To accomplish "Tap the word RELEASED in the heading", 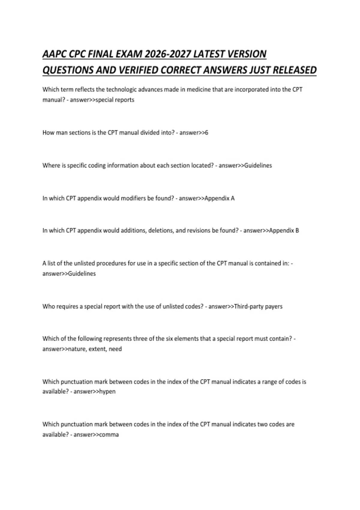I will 295,70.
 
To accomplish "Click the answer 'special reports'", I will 115,100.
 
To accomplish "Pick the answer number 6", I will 206,133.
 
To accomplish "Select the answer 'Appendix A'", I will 219,198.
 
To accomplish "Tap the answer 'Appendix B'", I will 284,231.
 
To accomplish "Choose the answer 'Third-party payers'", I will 258,307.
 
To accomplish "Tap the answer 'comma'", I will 109,435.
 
